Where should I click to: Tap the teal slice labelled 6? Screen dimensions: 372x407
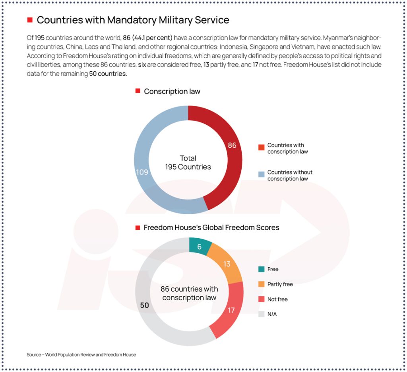click(x=200, y=246)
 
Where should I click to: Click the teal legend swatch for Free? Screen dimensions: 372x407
click(x=261, y=269)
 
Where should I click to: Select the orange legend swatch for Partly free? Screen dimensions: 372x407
click(x=261, y=284)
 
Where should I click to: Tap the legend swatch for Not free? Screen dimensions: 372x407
click(x=261, y=299)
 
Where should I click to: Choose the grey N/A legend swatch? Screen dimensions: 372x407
click(x=261, y=314)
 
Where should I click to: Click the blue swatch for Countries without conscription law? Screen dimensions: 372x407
click(x=261, y=174)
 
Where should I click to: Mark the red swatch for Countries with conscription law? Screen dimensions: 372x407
click(x=261, y=147)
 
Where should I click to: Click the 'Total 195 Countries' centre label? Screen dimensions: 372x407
click(x=188, y=163)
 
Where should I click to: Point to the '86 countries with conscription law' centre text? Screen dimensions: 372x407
click(x=189, y=294)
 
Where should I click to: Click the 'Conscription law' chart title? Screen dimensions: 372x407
click(x=172, y=91)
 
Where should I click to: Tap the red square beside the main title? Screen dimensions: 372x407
click(x=29, y=20)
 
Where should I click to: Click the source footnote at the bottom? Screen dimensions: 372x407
click(x=81, y=354)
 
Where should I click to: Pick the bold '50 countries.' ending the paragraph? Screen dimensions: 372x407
click(x=108, y=74)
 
